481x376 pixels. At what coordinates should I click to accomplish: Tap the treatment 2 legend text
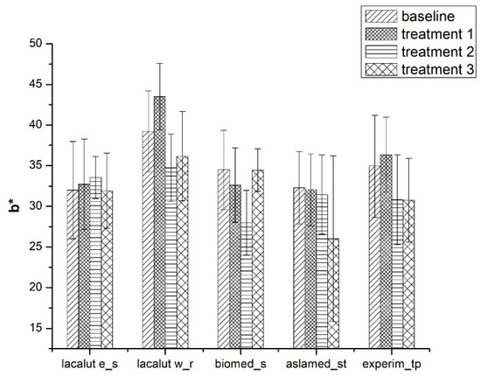coord(429,52)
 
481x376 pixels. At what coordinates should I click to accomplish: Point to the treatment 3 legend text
coord(429,71)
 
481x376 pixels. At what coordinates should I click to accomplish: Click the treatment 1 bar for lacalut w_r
coord(159,219)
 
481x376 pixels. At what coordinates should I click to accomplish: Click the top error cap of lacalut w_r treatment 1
coord(159,63)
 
